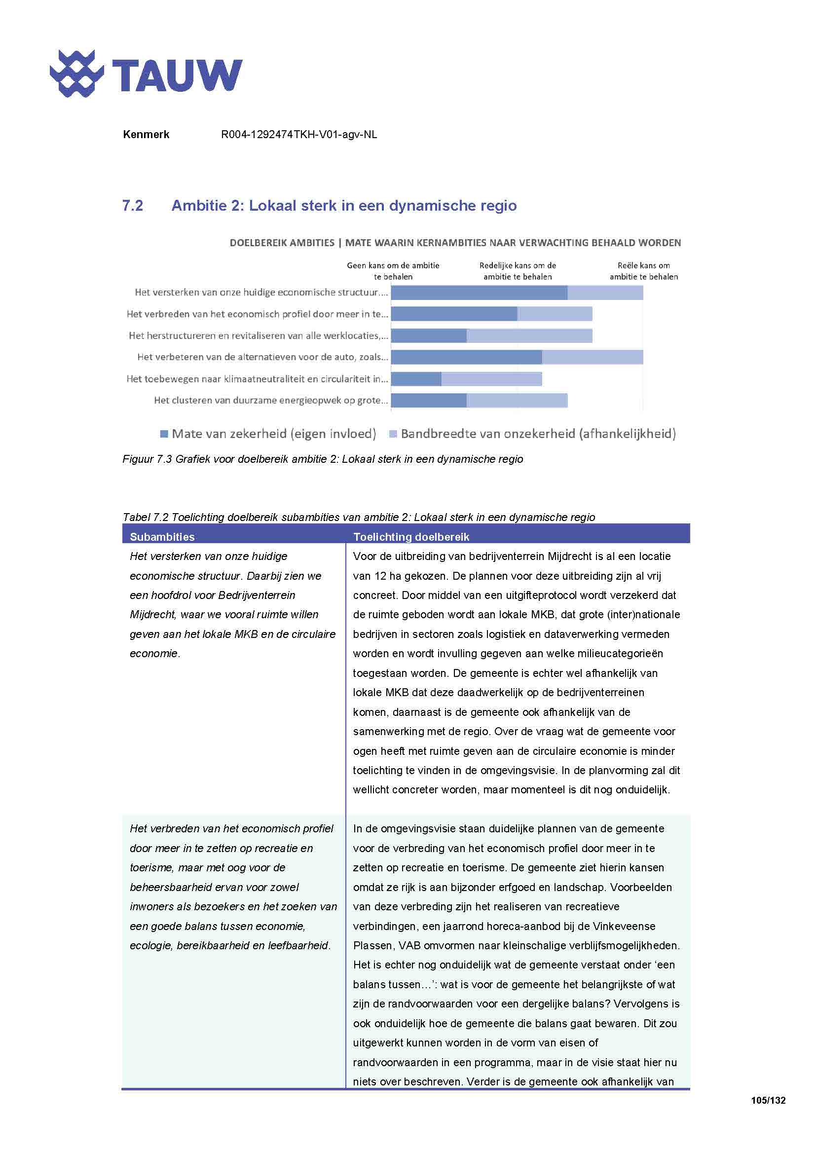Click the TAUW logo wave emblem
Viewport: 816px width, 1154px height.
pos(76,74)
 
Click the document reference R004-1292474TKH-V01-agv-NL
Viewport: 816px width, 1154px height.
pos(298,134)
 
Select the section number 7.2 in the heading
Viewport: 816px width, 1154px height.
pos(133,206)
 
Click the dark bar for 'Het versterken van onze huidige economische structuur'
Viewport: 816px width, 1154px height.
pos(479,293)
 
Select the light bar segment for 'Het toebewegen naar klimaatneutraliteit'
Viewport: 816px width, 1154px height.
pos(491,379)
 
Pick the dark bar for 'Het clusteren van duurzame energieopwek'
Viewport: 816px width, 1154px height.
pos(429,401)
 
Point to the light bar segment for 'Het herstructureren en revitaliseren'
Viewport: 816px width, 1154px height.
pos(529,336)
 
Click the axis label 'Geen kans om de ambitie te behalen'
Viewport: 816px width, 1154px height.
pos(393,271)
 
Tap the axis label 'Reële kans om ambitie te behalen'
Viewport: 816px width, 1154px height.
pos(643,271)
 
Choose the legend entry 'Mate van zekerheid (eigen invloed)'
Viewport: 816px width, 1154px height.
pos(273,434)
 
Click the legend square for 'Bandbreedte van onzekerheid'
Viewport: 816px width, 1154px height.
pos(393,434)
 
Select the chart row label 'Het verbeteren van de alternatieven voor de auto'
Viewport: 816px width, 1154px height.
pos(262,357)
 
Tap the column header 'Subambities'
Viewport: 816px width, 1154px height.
pos(162,536)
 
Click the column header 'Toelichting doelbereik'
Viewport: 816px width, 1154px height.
pos(410,536)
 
